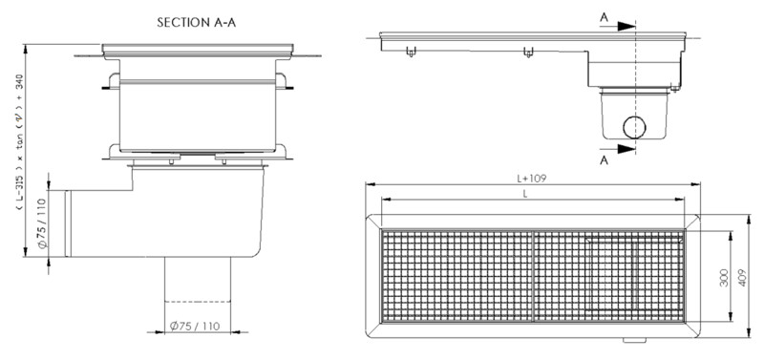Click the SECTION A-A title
point(197,22)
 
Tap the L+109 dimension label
point(532,179)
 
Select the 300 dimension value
point(724,277)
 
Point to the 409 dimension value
point(742,277)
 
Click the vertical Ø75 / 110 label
point(42,223)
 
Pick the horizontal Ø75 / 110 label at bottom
point(195,326)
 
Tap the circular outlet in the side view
point(634,128)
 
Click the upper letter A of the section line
point(605,17)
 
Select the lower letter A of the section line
point(605,159)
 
